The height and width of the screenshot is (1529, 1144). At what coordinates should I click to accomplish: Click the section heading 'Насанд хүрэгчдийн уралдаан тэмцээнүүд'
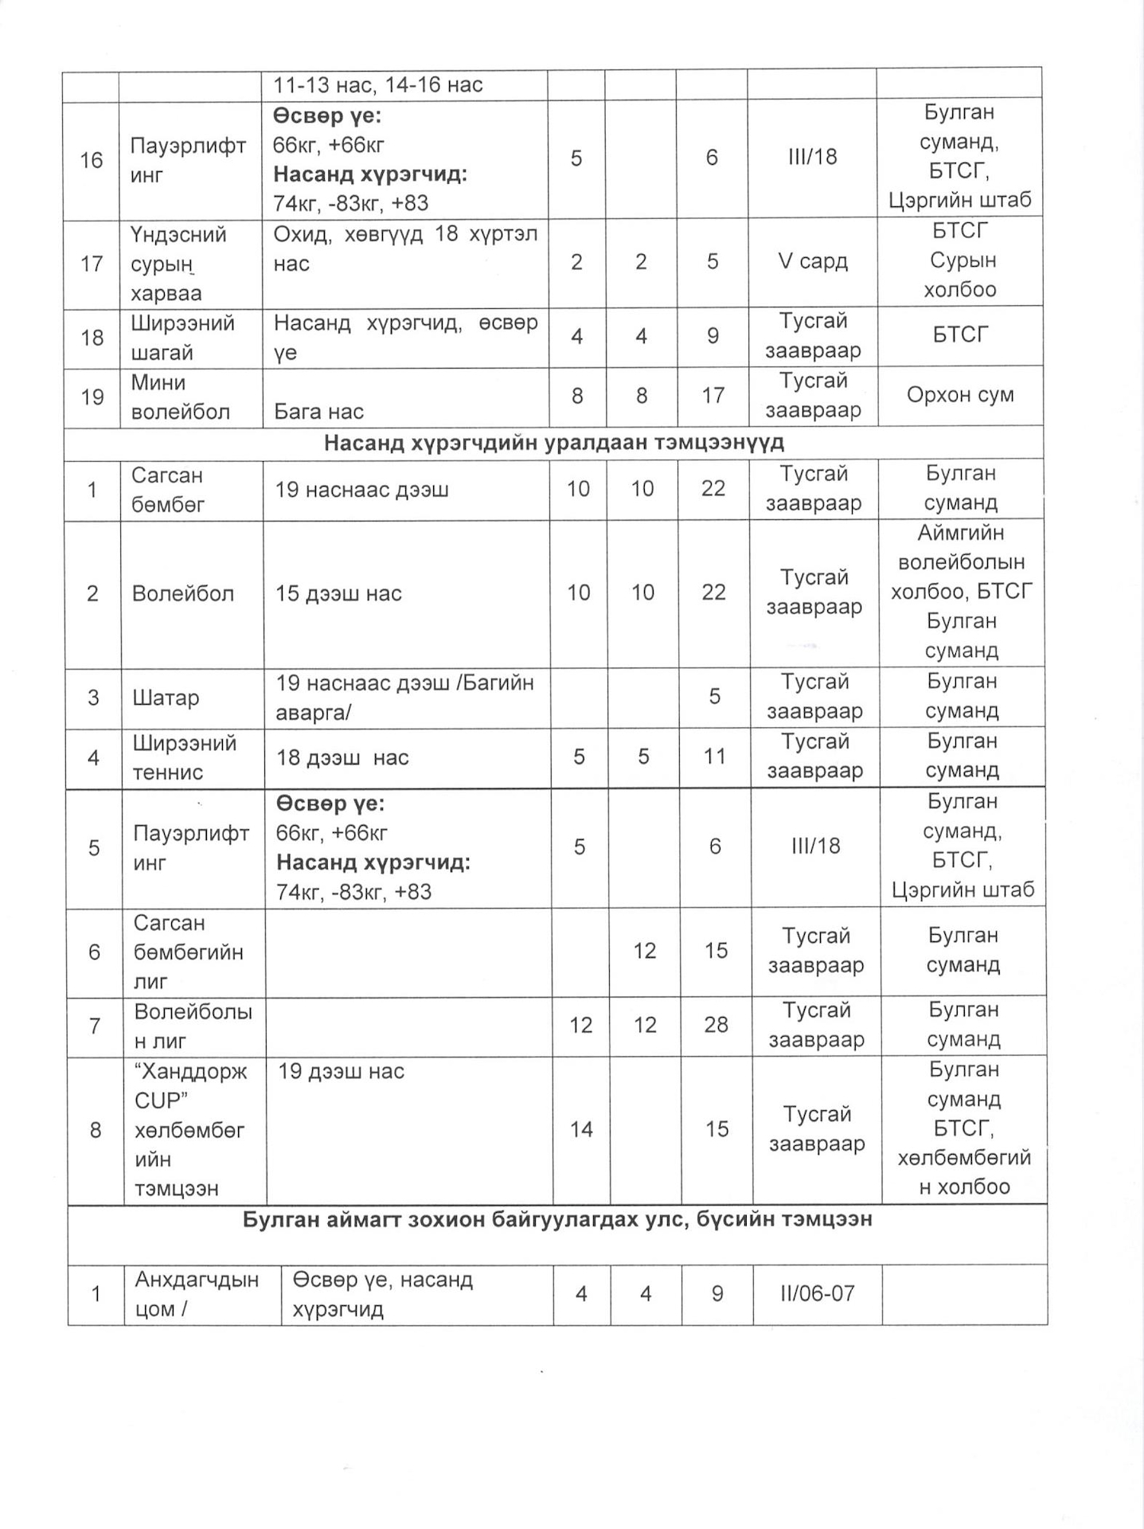(553, 443)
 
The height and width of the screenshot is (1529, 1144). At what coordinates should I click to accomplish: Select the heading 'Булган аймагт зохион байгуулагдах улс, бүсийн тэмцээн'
(556, 1220)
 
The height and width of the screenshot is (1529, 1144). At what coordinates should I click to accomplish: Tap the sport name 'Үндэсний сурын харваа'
(178, 264)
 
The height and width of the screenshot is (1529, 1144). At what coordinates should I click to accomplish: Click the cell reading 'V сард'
(812, 261)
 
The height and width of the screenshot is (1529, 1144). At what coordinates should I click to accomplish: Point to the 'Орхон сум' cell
(959, 395)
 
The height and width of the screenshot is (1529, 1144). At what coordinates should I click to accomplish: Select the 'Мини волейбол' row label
(181, 397)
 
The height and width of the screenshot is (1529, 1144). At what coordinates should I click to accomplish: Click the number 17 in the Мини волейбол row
(713, 396)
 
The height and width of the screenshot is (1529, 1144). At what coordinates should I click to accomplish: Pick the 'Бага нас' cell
(318, 412)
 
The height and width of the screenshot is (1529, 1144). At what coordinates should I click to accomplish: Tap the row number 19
(92, 397)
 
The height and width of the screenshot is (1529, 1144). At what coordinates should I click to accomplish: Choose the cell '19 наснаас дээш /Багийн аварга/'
(404, 698)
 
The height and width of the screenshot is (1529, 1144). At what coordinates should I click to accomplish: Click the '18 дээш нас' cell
(342, 757)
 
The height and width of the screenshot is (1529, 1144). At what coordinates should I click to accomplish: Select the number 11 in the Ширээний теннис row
(714, 757)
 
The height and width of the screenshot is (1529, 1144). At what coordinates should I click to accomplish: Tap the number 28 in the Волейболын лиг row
(716, 1025)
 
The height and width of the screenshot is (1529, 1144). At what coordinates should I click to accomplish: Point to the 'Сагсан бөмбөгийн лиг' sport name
(188, 952)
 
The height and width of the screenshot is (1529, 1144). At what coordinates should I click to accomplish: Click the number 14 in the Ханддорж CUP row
(581, 1129)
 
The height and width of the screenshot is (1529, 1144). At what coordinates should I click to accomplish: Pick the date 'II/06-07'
(817, 1293)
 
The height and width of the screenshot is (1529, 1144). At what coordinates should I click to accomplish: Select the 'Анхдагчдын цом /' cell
(197, 1294)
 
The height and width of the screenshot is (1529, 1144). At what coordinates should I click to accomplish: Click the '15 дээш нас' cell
(338, 593)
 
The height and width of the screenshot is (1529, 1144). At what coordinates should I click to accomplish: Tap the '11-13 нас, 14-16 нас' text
(378, 85)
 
